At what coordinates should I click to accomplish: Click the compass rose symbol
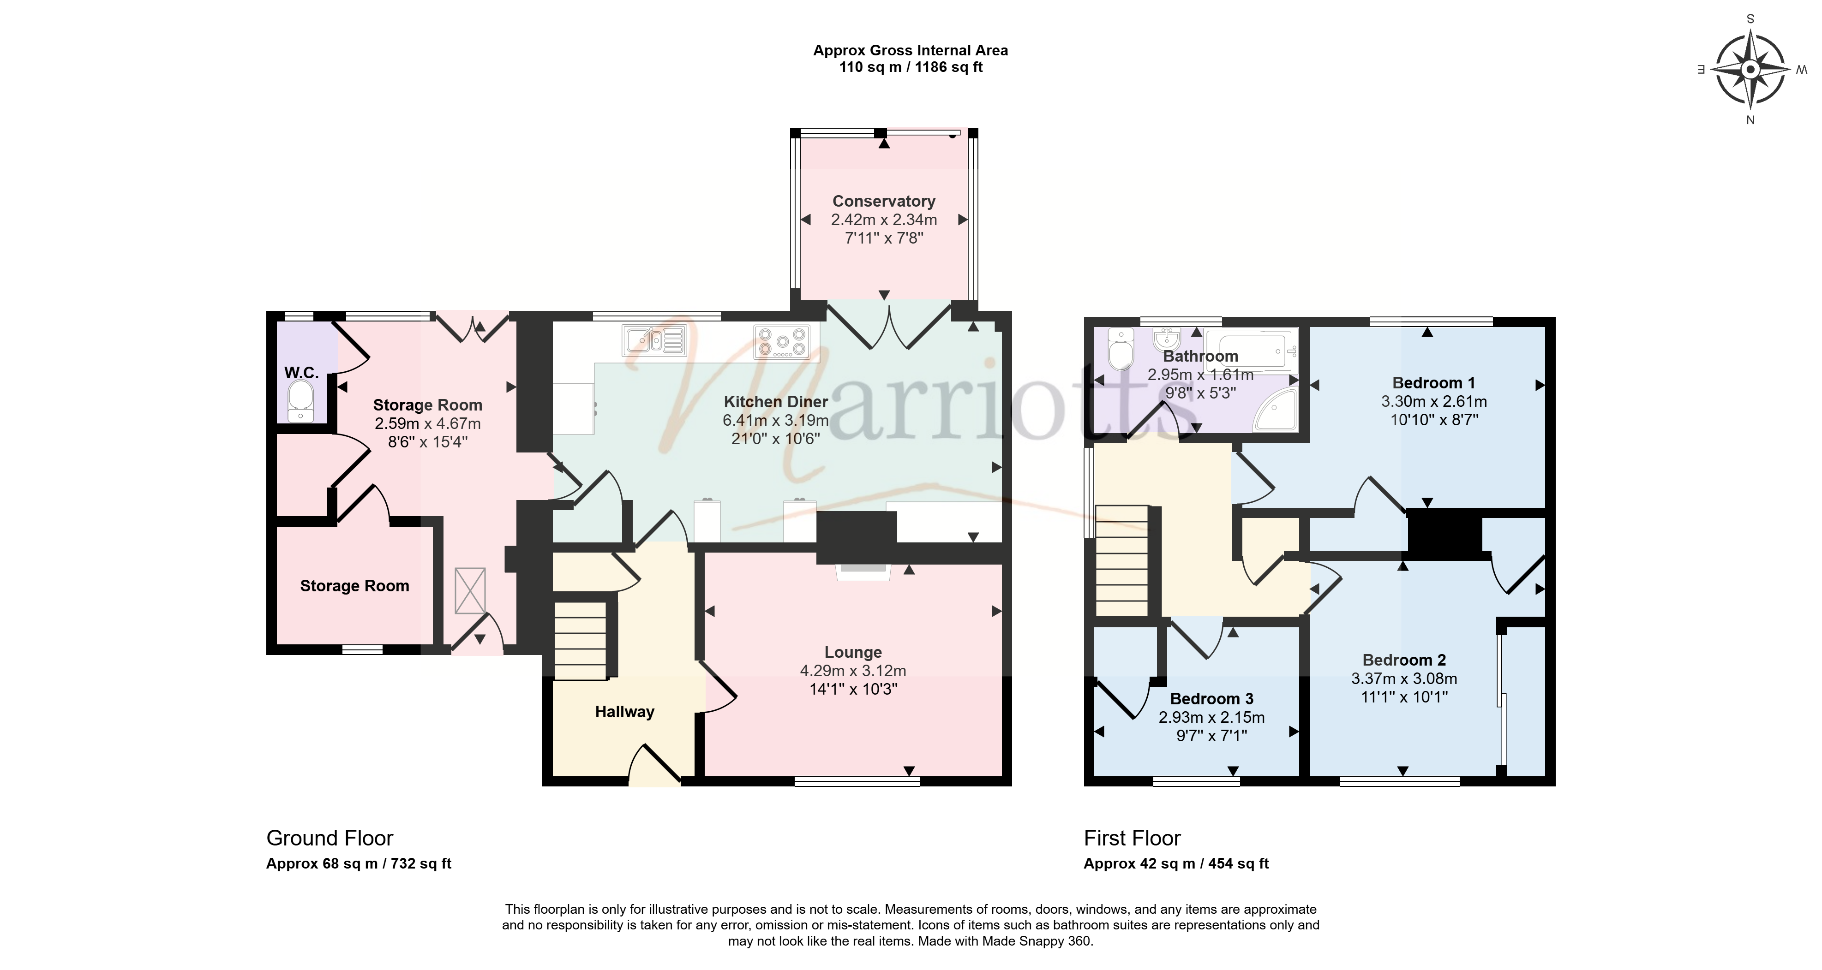coord(1750,69)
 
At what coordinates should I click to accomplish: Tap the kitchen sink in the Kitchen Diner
coord(655,340)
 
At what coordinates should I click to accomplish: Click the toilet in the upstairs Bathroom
coord(1121,349)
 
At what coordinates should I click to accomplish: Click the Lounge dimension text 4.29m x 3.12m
coord(853,670)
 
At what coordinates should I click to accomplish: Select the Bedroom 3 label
coord(1211,698)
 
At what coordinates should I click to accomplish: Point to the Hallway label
coord(624,712)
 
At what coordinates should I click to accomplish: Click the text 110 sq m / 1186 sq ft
coord(911,67)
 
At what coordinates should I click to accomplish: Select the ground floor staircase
coord(581,641)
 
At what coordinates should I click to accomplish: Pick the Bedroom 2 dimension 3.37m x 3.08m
coord(1404,678)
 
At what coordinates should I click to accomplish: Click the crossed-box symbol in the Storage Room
coord(470,591)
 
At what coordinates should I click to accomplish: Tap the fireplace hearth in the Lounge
coord(863,572)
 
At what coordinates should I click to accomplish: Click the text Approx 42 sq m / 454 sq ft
coord(1176,863)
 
